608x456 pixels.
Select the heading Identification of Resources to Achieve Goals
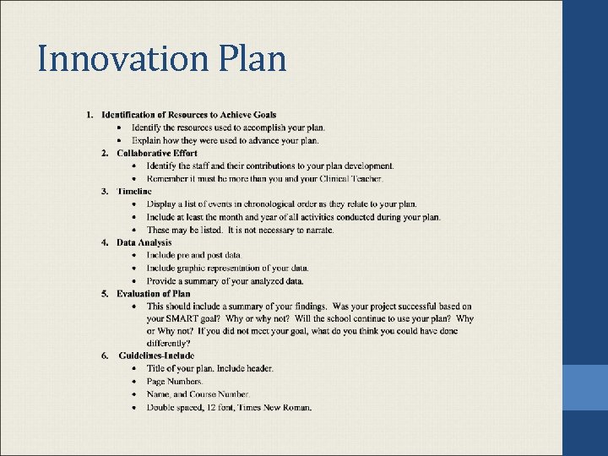click(x=188, y=115)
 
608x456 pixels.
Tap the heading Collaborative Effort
click(x=156, y=153)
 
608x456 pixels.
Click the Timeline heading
click(x=134, y=192)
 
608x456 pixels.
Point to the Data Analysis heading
click(x=144, y=242)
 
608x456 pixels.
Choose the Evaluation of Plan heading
click(x=154, y=293)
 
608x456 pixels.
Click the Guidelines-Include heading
click(x=156, y=356)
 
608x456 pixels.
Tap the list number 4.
click(x=105, y=242)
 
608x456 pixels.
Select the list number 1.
click(x=90, y=115)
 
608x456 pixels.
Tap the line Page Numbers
click(x=175, y=382)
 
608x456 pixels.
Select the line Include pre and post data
click(x=193, y=255)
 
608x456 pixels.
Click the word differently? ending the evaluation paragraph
click(x=168, y=344)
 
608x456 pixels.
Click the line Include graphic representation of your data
click(x=227, y=268)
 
